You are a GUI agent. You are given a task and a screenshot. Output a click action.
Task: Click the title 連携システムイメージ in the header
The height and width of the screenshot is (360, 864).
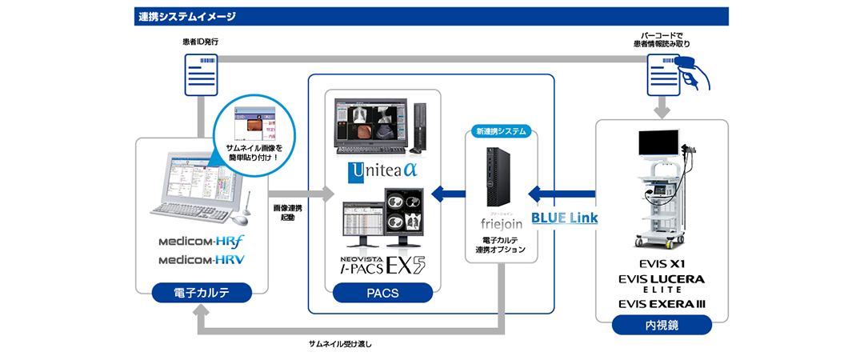click(185, 16)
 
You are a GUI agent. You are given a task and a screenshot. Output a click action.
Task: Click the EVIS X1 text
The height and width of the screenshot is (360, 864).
click(662, 262)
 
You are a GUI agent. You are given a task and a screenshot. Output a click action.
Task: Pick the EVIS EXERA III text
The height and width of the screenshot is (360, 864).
click(662, 303)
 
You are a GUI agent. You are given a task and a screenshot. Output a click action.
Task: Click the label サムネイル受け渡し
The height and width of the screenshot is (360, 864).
click(340, 344)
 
